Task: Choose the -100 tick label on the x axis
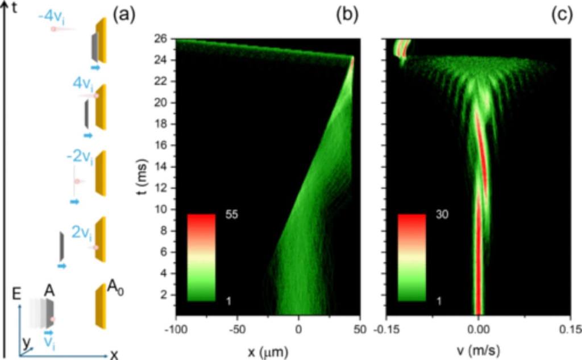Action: coord(176,330)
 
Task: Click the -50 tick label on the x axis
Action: coord(238,330)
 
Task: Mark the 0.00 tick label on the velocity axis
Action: coord(479,330)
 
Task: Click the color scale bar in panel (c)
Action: coord(411,257)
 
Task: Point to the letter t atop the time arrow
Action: coord(14,8)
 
